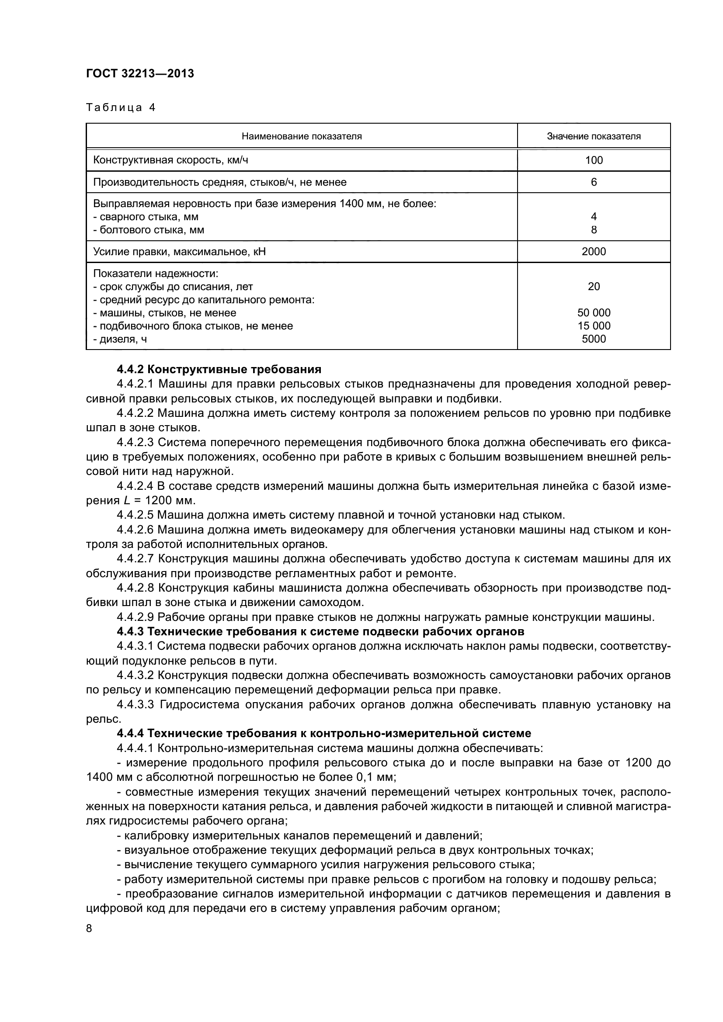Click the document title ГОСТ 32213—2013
(x=140, y=73)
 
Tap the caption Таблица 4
(x=121, y=107)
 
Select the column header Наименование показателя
(x=302, y=136)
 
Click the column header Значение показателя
(x=594, y=136)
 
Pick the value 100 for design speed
(x=594, y=160)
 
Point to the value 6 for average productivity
(x=594, y=182)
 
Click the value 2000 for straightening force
(x=594, y=252)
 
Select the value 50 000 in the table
(x=594, y=313)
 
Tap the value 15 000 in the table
(x=594, y=326)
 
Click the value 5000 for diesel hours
(x=594, y=339)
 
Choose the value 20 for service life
(x=594, y=287)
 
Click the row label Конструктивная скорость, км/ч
(x=170, y=160)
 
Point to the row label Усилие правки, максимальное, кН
(x=179, y=252)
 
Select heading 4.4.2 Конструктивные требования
(x=219, y=370)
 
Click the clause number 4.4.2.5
(x=135, y=516)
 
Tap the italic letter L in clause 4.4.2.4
(x=127, y=501)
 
